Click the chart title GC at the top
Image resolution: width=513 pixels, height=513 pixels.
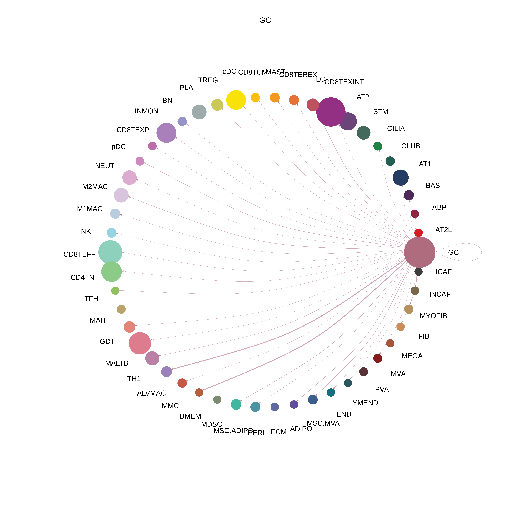(265, 20)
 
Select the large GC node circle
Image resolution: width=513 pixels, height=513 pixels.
(420, 252)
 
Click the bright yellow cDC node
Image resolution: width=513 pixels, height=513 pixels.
(236, 100)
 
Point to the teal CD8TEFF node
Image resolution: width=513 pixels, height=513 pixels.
(110, 252)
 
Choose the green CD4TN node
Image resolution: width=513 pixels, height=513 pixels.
(111, 272)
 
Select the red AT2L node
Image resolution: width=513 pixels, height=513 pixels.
(418, 233)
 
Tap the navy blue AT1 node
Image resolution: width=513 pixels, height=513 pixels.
(400, 177)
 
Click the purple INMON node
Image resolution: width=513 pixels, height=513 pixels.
(166, 133)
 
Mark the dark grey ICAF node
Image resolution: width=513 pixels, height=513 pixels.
(418, 272)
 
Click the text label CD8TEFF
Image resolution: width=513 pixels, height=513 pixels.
(79, 254)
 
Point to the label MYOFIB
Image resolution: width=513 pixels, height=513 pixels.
(433, 316)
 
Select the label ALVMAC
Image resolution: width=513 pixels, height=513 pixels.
(151, 393)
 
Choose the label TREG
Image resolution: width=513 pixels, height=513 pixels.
(208, 80)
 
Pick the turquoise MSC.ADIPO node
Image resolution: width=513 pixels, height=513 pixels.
(236, 404)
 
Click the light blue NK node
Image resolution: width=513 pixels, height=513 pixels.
(111, 233)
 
